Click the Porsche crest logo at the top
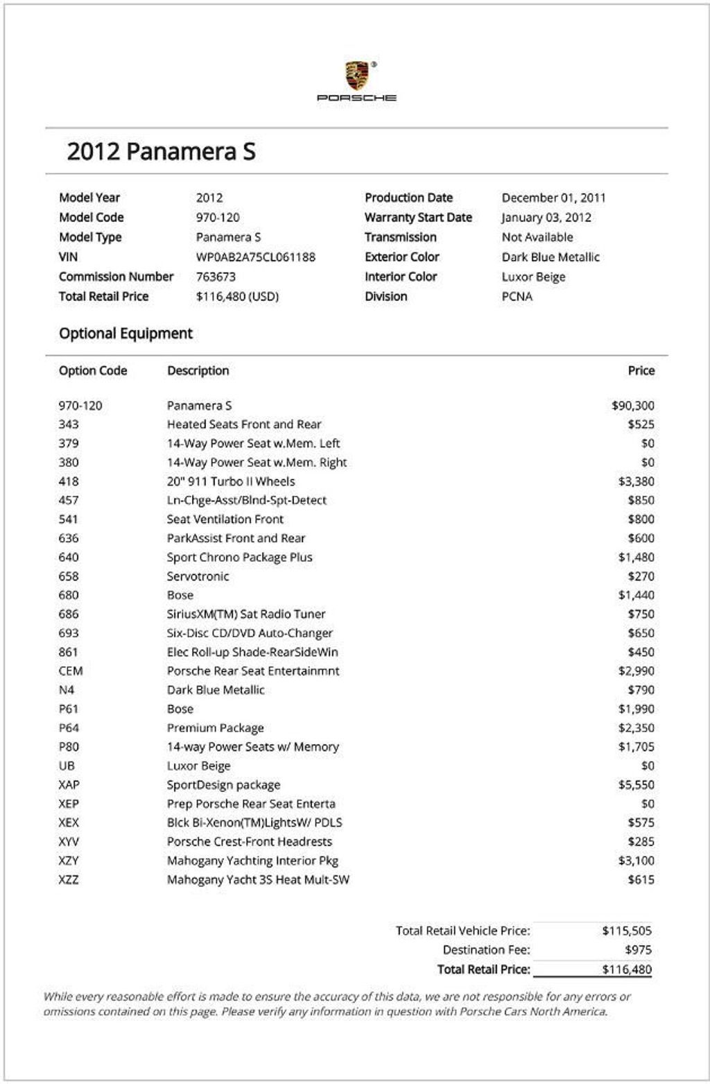coord(357,76)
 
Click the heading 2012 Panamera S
coord(161,151)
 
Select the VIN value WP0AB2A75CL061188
coord(255,257)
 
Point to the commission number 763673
coord(216,277)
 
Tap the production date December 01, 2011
coord(553,198)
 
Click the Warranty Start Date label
coord(418,218)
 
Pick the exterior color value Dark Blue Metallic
coord(551,257)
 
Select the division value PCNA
coord(517,297)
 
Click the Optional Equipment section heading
coord(125,334)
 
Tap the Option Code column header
coord(93,371)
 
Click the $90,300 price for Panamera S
coord(632,406)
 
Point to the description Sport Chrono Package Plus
coord(239,558)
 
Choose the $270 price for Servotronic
coord(641,576)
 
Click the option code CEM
coord(71,671)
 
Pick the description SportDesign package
coord(223,785)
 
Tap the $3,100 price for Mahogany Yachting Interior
coord(636,861)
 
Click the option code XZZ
coord(69,880)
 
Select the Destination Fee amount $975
coord(638,950)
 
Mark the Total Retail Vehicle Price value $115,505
coord(627,931)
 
